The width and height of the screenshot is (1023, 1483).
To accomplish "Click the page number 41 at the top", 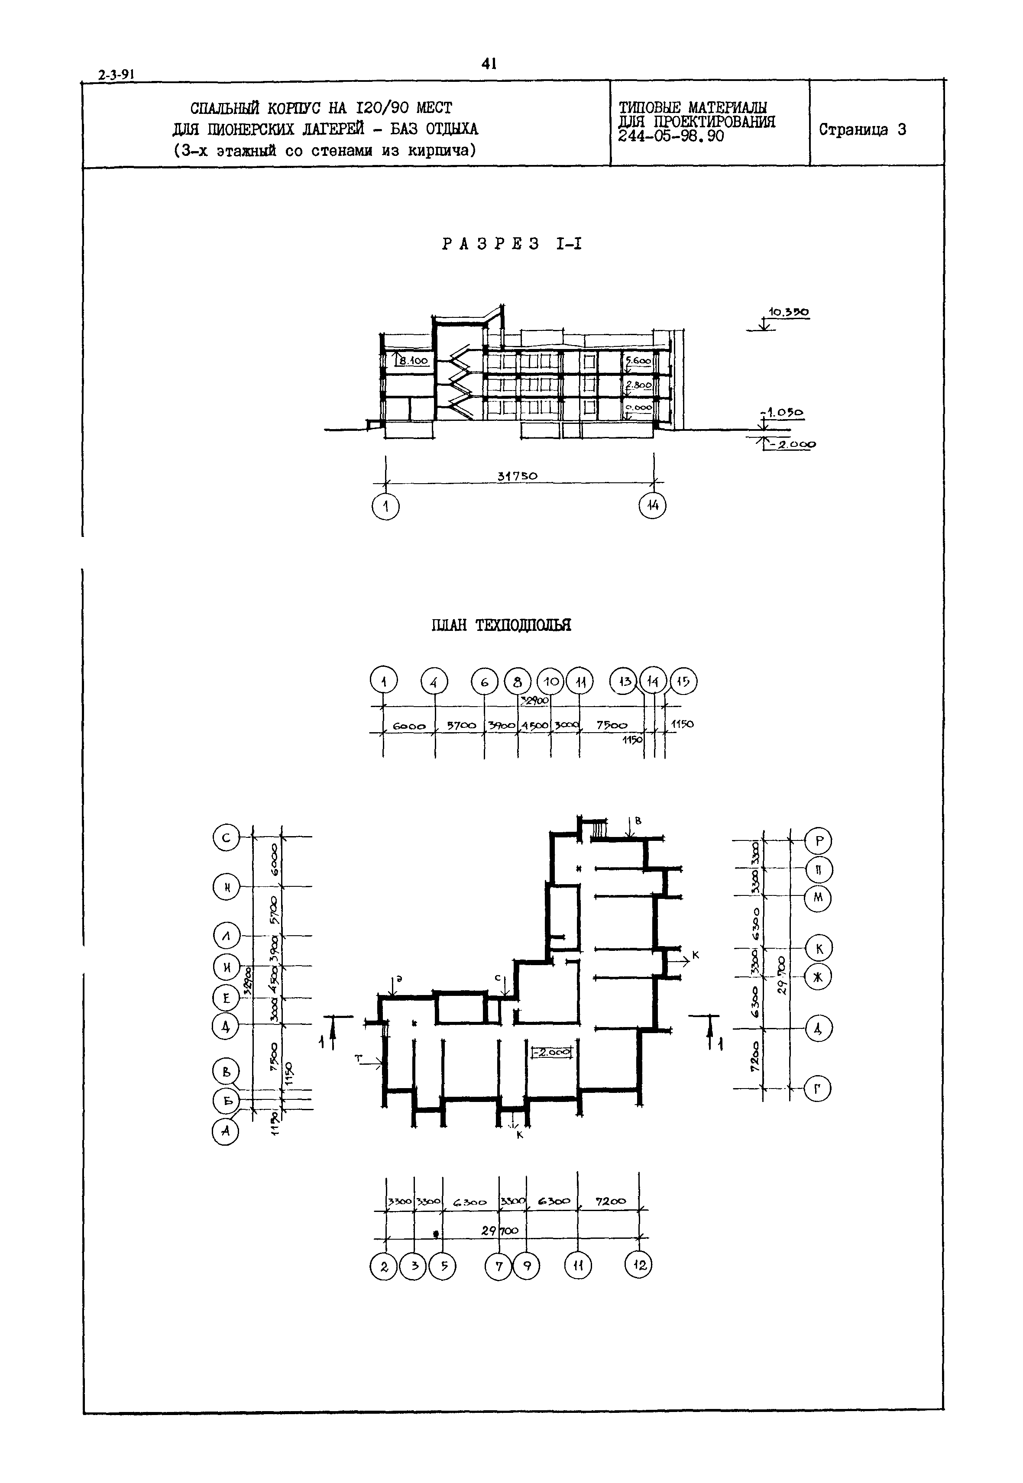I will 489,64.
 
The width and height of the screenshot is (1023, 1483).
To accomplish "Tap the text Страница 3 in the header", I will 862,129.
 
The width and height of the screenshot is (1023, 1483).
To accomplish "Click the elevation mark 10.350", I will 788,313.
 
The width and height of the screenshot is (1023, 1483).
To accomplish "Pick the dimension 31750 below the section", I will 517,476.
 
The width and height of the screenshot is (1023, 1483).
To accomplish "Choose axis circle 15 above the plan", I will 683,682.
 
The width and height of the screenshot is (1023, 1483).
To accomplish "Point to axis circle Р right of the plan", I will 818,840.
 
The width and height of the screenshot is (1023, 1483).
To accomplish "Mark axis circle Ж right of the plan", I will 817,977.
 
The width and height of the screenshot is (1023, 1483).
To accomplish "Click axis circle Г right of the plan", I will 817,1088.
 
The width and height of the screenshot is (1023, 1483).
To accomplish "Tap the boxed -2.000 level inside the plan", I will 550,1052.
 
